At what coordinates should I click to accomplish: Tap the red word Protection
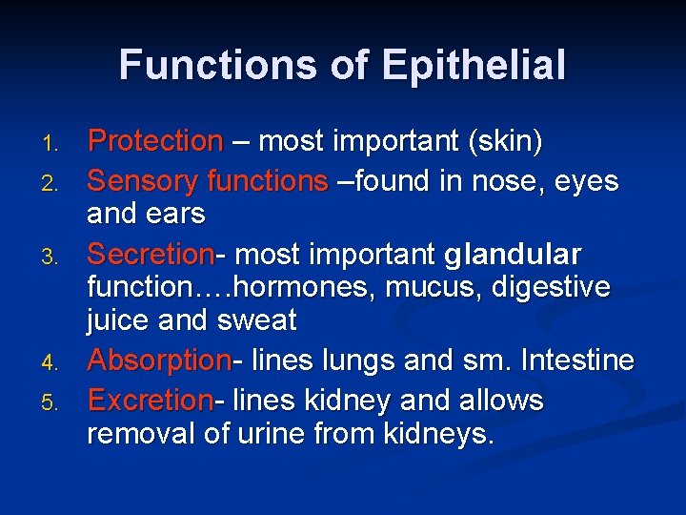click(154, 142)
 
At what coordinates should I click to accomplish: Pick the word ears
click(176, 214)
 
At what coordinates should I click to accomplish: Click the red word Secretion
click(150, 255)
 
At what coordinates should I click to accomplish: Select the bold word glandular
click(512, 256)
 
